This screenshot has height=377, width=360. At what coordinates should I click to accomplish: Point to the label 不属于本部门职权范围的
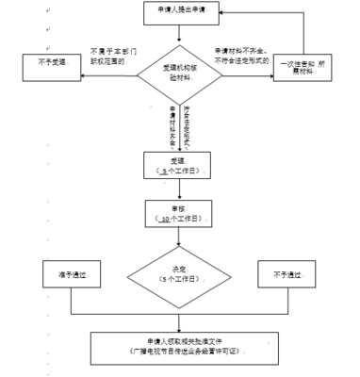pos(113,55)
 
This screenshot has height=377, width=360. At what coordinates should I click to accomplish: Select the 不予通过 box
pos(288,274)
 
